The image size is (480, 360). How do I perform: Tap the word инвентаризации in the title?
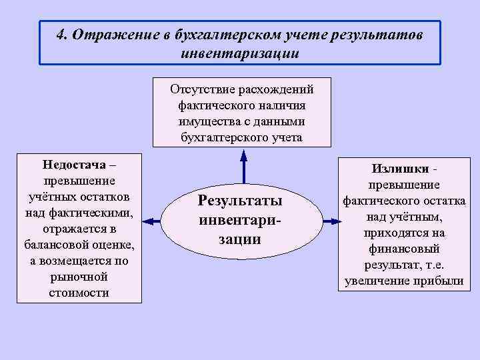pyautogui.click(x=240, y=53)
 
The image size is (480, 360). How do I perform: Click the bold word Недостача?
pyautogui.click(x=73, y=164)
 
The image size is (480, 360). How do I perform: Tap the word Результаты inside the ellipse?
pyautogui.click(x=240, y=201)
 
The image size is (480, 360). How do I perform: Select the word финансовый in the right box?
pyautogui.click(x=404, y=249)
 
